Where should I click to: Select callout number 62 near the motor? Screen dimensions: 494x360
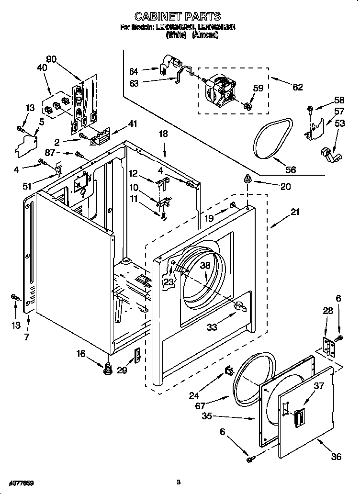(x=297, y=87)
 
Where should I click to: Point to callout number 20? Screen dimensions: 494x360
(x=285, y=187)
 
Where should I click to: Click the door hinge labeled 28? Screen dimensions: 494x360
(x=328, y=347)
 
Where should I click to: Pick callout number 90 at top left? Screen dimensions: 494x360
(x=51, y=59)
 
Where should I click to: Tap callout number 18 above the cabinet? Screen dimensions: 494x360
(x=163, y=134)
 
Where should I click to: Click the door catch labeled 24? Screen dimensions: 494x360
(x=228, y=370)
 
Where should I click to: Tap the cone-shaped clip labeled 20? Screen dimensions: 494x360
(x=247, y=180)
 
